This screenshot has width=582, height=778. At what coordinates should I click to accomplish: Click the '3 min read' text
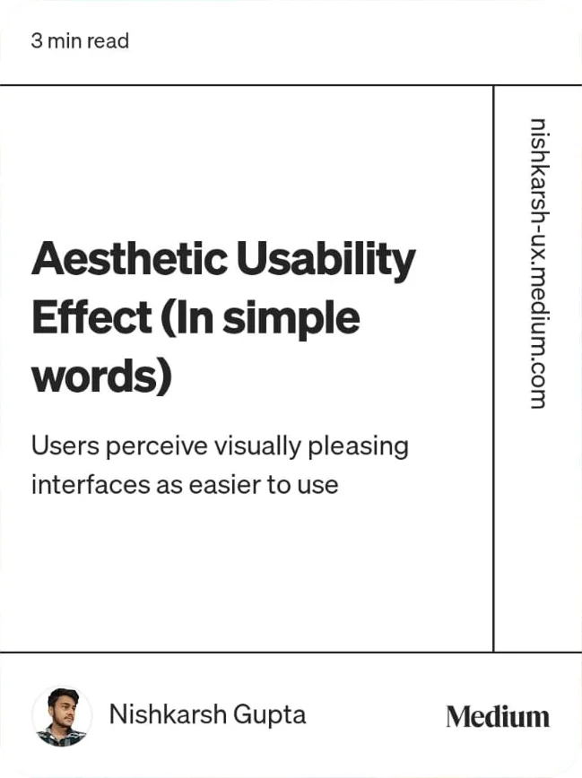pos(80,41)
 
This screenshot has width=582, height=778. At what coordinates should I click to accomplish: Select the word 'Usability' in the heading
pos(326,260)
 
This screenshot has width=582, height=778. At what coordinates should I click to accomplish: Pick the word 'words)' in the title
pos(101,376)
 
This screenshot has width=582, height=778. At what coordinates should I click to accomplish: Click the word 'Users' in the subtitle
pos(60,445)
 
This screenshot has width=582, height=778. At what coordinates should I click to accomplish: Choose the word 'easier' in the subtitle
pos(227,485)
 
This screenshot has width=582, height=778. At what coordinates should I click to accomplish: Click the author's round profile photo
pos(62,715)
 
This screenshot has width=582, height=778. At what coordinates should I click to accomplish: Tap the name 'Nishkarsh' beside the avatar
pos(168,714)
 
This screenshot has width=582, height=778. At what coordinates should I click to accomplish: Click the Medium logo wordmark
pos(498,716)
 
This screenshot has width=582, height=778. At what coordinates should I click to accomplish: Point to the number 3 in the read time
pos(36,41)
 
